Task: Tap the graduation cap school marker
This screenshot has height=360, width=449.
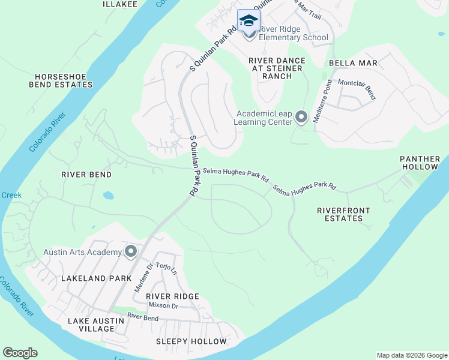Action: (x=249, y=21)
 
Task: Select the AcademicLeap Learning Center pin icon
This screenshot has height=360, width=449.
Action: (x=301, y=117)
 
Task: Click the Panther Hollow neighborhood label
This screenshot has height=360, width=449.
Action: (x=420, y=163)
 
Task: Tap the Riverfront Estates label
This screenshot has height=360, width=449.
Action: (x=343, y=214)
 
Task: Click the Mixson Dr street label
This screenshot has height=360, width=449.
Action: (x=163, y=306)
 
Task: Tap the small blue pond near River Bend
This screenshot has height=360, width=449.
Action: (x=108, y=195)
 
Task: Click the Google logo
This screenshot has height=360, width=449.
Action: (x=20, y=353)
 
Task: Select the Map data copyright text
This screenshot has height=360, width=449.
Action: (x=411, y=355)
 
